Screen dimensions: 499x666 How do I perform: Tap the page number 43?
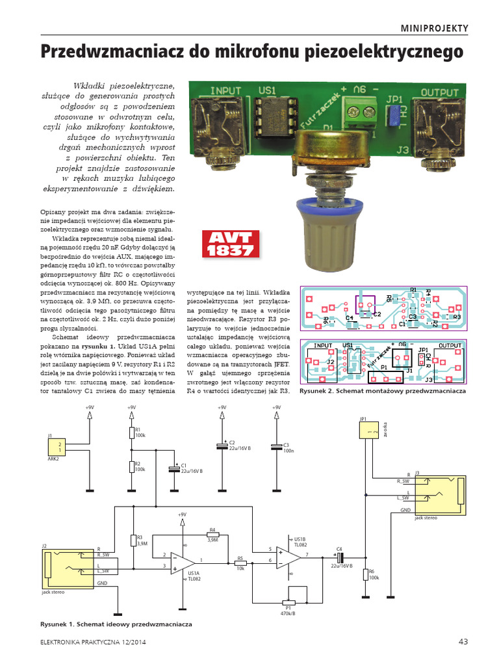[463, 641]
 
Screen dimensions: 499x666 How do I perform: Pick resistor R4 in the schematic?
[212, 533]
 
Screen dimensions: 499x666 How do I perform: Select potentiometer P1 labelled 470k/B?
[287, 602]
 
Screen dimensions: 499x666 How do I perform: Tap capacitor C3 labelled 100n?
[277, 447]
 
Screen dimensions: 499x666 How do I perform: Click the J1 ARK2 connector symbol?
[55, 446]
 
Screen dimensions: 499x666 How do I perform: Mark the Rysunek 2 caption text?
[383, 393]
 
